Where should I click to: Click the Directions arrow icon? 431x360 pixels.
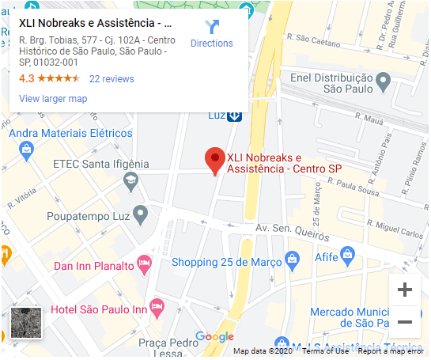[x=211, y=27]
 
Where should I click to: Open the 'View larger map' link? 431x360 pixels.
[x=53, y=99]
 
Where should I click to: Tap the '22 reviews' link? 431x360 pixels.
[x=112, y=79]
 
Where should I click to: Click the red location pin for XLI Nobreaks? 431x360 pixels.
[x=214, y=160]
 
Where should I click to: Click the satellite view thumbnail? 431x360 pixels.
[x=27, y=321]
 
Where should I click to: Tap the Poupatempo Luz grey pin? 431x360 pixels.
[x=141, y=214]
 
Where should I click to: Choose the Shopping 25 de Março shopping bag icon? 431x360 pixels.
[x=292, y=259]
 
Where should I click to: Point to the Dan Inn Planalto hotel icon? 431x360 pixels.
[x=144, y=263]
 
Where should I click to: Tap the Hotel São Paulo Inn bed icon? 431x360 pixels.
[x=157, y=305]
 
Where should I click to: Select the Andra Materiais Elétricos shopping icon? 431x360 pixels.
[x=26, y=149]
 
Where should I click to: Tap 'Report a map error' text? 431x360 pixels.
[x=391, y=351]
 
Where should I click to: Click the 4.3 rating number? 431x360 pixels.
[x=26, y=79]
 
